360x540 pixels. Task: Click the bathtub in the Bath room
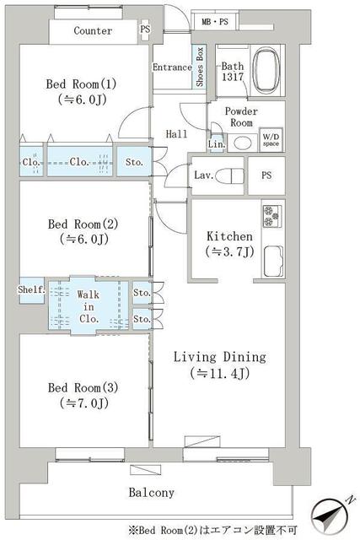click(266, 71)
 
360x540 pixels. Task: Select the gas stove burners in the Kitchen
click(272, 216)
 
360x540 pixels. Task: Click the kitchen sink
click(273, 262)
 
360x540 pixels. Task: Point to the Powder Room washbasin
click(242, 143)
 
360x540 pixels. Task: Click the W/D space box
click(271, 140)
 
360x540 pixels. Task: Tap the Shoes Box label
click(200, 67)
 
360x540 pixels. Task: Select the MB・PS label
click(215, 22)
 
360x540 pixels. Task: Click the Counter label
click(93, 30)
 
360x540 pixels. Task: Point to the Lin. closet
click(217, 144)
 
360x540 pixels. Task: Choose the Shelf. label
click(32, 289)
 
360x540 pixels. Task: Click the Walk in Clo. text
click(89, 306)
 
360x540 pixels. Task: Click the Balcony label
click(152, 492)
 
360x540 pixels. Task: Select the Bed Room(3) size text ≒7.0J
click(84, 403)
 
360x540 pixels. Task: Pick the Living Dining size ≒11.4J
click(220, 373)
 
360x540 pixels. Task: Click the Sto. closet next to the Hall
click(134, 161)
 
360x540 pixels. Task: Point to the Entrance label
click(172, 67)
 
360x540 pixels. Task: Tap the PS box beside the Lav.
click(266, 175)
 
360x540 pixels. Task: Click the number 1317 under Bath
click(233, 77)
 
